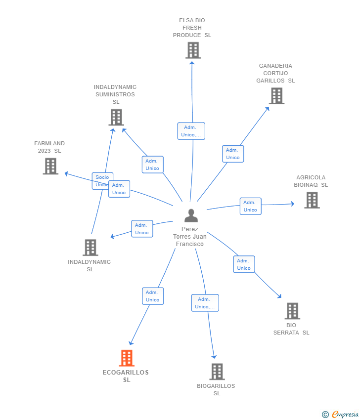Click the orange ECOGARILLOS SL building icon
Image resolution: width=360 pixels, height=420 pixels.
click(x=127, y=358)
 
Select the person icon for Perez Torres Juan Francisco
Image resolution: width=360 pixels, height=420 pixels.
click(x=191, y=215)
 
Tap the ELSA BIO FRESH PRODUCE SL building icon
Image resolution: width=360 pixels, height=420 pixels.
click(x=193, y=50)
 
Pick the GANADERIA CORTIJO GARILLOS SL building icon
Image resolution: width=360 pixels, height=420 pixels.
click(x=276, y=96)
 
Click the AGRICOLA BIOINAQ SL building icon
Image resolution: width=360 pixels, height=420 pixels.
click(x=312, y=200)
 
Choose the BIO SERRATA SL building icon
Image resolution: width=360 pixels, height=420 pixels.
click(x=292, y=311)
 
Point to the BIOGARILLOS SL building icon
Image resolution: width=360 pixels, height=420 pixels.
click(x=217, y=372)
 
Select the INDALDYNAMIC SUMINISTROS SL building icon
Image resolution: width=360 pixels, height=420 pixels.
click(x=116, y=118)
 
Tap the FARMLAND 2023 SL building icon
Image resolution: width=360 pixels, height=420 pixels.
click(x=50, y=166)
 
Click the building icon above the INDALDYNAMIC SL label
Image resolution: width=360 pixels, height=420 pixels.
click(x=90, y=248)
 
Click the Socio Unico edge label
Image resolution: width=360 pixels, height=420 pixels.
click(x=102, y=181)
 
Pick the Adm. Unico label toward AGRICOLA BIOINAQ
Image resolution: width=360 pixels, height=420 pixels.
click(x=250, y=206)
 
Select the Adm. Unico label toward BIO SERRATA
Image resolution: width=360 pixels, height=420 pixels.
click(x=244, y=264)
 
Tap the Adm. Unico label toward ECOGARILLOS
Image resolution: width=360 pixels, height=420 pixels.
click(x=152, y=296)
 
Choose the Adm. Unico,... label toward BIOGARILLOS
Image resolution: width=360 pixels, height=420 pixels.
click(x=205, y=303)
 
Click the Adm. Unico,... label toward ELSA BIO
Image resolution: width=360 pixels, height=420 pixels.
click(x=191, y=131)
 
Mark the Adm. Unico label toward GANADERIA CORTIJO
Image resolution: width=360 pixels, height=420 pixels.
click(x=232, y=154)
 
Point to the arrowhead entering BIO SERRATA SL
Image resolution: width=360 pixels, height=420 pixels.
click(x=279, y=296)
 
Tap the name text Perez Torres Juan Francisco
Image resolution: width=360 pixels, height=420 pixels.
click(x=190, y=237)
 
